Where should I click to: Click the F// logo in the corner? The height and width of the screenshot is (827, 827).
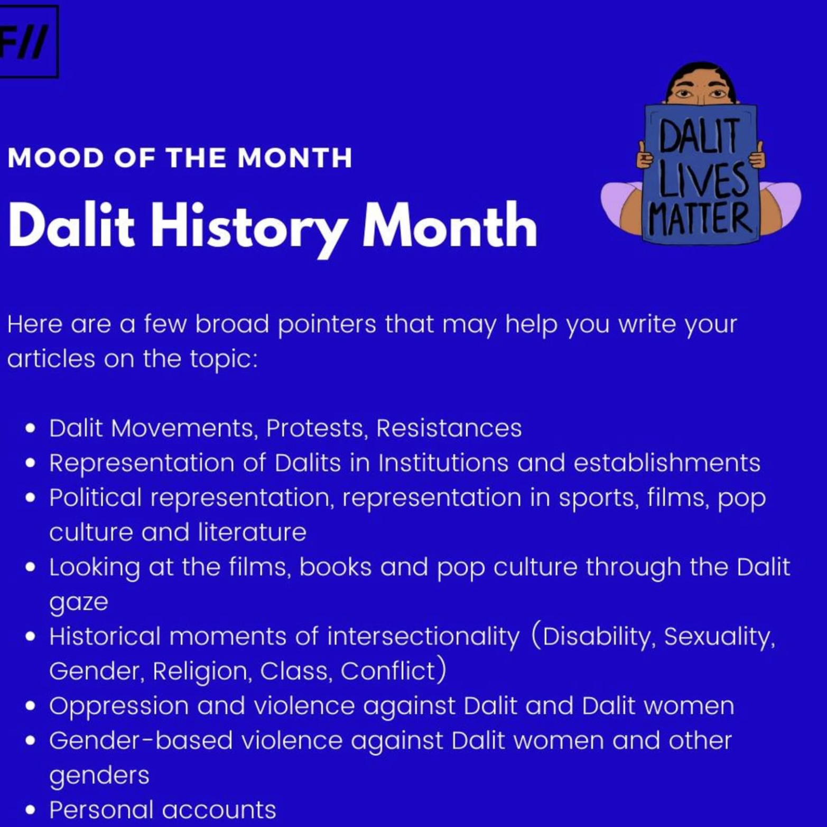pyautogui.click(x=26, y=41)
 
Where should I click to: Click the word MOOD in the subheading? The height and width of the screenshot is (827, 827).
pyautogui.click(x=55, y=157)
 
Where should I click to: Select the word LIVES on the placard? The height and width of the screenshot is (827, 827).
pyautogui.click(x=703, y=178)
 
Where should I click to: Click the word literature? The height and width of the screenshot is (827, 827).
pyautogui.click(x=252, y=532)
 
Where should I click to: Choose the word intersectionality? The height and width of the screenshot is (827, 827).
pyautogui.click(x=423, y=636)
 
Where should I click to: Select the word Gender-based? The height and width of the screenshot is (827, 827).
pyautogui.click(x=141, y=740)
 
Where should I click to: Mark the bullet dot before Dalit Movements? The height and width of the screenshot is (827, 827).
pyautogui.click(x=31, y=428)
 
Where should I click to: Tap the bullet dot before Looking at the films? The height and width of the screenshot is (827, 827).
pyautogui.click(x=31, y=568)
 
